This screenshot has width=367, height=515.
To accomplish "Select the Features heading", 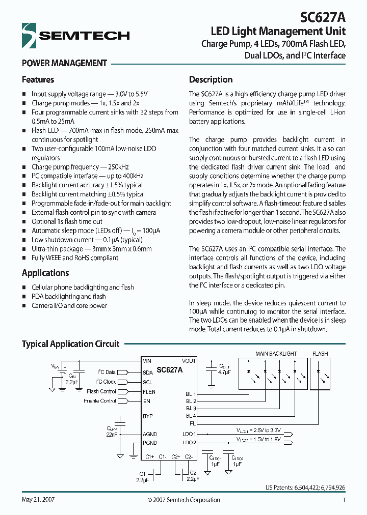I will click(x=38, y=80).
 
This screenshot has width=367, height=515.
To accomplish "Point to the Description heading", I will click(x=211, y=80).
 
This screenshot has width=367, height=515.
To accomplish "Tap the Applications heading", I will click(x=45, y=273).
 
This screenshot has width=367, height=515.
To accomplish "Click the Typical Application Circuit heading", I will click(x=70, y=344).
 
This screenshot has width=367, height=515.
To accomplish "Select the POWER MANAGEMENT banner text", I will click(x=64, y=63).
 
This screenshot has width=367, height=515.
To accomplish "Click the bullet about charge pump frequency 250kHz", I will click(x=80, y=167).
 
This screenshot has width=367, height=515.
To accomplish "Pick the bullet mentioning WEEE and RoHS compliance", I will click(x=74, y=258).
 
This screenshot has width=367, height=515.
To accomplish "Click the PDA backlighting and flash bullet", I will click(x=68, y=297).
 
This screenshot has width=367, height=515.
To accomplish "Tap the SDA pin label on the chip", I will click(x=148, y=372).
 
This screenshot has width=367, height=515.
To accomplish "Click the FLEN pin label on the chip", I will click(x=149, y=392).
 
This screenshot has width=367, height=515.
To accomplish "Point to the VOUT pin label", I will click(x=188, y=361).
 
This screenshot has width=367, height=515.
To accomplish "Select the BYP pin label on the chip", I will click(x=148, y=416).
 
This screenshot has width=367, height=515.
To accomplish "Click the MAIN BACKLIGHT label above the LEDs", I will click(x=276, y=354).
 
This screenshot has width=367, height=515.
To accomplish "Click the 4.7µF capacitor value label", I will click(x=224, y=372).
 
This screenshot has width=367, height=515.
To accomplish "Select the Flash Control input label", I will click(x=101, y=392).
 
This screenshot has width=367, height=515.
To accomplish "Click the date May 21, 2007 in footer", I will click(x=38, y=500).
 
